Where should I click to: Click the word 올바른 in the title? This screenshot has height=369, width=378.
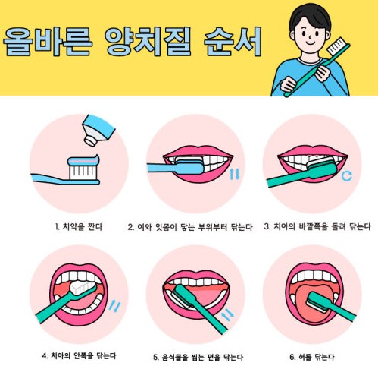pos(48,42)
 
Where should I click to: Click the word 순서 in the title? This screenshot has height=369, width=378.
pos(233,42)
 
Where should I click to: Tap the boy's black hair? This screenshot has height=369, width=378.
pos(310,16)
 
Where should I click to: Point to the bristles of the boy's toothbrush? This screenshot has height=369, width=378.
pos(337,46)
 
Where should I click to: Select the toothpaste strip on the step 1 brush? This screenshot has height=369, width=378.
pos(83,160)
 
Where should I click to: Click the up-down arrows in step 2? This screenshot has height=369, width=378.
pos(235,175)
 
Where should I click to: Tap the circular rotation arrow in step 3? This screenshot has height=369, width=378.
pos(347,176)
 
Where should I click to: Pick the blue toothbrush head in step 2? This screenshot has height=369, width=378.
pos(189,166)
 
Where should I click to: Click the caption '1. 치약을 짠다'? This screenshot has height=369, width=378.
pos(79,226)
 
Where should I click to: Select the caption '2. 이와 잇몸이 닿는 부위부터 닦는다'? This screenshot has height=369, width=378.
pos(190,227)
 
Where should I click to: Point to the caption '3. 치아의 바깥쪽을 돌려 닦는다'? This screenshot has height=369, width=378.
pos(317,226)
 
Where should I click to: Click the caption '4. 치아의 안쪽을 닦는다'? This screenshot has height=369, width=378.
pos(79,356)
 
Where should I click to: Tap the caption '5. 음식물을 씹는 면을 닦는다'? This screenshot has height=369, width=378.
pos(198,357)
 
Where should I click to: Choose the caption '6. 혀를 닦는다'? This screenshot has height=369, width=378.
pos(312,357)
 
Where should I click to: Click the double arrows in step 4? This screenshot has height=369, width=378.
pos(115,305)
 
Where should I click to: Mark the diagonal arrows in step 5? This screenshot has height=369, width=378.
pos(227,314)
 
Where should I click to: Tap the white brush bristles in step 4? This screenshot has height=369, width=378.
pos(81,288)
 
